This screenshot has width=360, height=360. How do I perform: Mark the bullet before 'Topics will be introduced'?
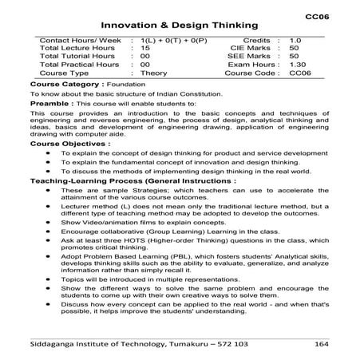click(49, 281)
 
